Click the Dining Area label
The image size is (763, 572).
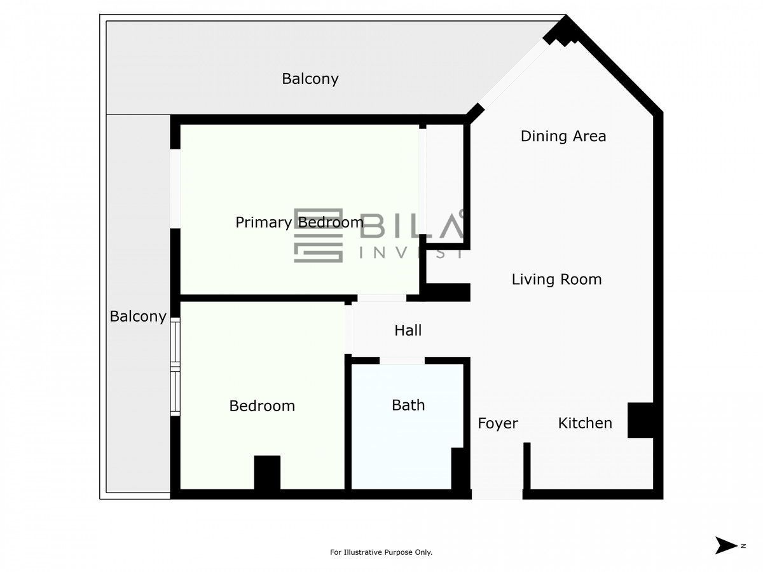(x=563, y=136)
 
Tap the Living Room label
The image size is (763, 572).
(x=556, y=280)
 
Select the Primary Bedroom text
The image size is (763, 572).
(x=299, y=222)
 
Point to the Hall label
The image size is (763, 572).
(x=408, y=330)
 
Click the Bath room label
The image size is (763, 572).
(x=408, y=405)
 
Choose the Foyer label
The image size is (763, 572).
(x=498, y=424)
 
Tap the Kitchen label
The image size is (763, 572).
(x=585, y=423)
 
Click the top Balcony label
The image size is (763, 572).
(x=310, y=79)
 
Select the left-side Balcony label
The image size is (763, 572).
(x=138, y=317)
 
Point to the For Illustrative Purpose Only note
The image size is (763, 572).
(x=381, y=552)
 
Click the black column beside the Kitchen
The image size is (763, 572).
(x=640, y=420)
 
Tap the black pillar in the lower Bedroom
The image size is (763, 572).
(x=267, y=472)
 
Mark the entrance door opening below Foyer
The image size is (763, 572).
(x=497, y=494)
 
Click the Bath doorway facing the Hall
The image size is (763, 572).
(x=402, y=360)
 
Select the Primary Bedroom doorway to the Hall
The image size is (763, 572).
(x=381, y=298)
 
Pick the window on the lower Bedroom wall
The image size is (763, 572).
(x=175, y=367)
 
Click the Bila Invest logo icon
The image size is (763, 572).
(x=318, y=235)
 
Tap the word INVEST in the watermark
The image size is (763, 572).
(x=411, y=252)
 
